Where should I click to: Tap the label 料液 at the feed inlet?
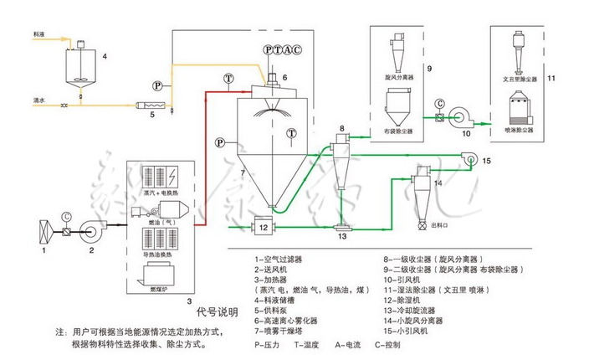(x=38, y=34)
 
